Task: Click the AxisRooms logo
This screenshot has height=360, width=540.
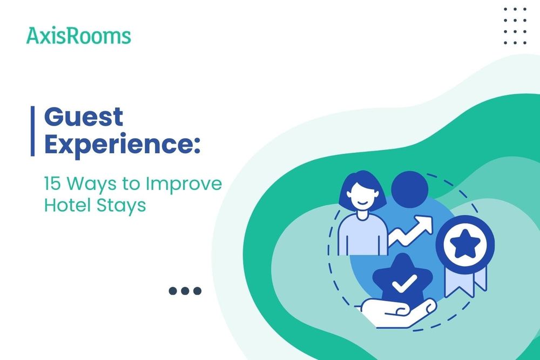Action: point(78,36)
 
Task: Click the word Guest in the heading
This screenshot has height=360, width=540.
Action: point(84,117)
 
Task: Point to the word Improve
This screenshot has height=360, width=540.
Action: point(184,185)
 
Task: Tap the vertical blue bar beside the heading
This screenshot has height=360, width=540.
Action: point(32,131)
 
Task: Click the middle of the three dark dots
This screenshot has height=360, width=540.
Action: point(185,291)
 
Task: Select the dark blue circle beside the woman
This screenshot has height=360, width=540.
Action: point(409,189)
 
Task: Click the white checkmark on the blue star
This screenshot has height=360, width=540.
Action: point(404,282)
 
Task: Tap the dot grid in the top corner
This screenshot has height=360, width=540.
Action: point(514,26)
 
